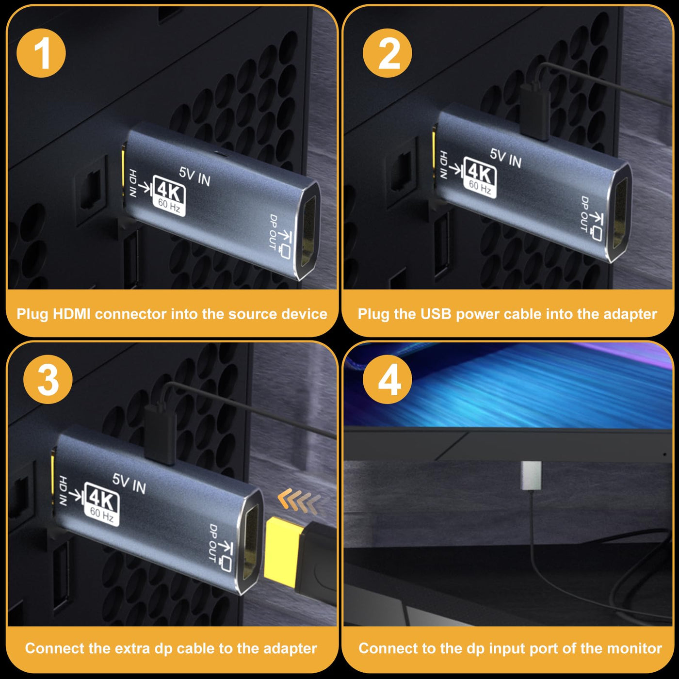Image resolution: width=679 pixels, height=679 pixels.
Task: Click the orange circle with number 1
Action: tap(41, 53)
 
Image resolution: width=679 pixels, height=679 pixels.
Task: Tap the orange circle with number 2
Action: tap(387, 53)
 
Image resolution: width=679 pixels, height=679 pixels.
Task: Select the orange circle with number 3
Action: tap(48, 380)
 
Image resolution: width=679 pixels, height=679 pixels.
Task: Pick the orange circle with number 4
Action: tap(387, 380)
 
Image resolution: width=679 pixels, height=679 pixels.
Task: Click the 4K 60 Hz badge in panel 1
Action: tap(169, 195)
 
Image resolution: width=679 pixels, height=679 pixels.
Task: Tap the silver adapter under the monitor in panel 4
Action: tap(531, 475)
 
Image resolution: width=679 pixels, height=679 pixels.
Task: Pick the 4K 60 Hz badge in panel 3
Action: tap(102, 505)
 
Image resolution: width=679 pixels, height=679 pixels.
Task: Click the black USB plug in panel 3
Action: tap(161, 436)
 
